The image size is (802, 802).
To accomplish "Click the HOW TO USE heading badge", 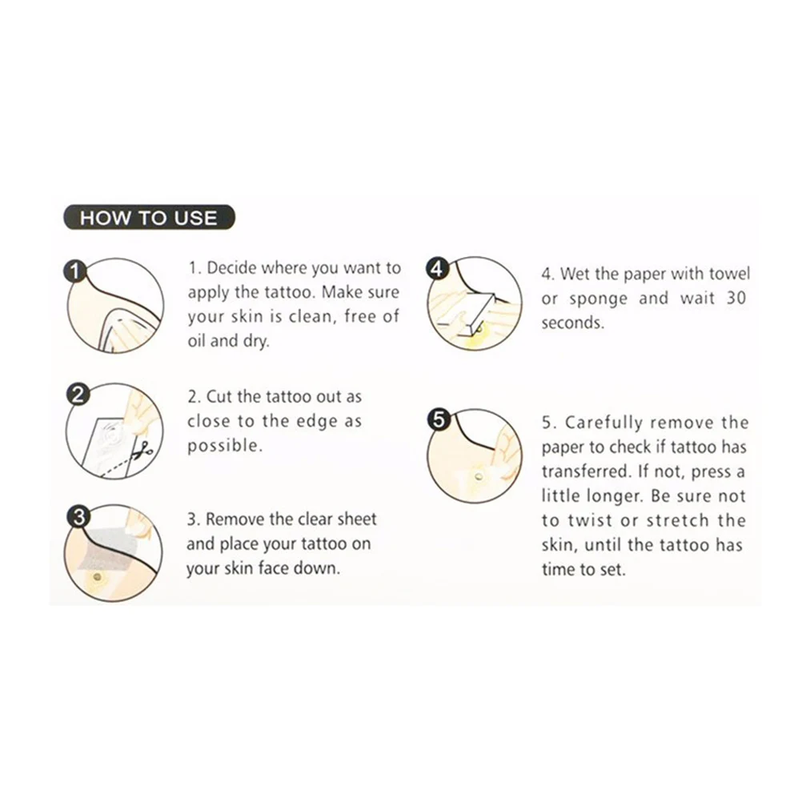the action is click(x=149, y=218).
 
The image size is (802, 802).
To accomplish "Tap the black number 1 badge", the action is click(x=75, y=271).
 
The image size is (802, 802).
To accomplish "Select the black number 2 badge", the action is click(x=78, y=395).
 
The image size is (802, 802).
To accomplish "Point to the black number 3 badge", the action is click(x=78, y=516).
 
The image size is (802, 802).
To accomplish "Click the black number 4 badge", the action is click(x=437, y=268).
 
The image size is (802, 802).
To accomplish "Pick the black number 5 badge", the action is click(x=439, y=419).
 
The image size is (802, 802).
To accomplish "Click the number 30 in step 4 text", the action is click(x=736, y=298).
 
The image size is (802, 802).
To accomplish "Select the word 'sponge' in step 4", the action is click(x=598, y=299).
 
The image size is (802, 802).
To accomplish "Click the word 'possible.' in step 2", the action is click(x=225, y=447).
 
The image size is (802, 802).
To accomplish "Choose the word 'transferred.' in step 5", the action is click(x=586, y=471).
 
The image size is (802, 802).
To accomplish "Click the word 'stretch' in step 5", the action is click(x=677, y=520).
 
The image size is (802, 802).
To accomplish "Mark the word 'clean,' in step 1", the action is click(x=311, y=317).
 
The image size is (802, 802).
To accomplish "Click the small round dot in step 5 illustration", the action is click(x=479, y=477).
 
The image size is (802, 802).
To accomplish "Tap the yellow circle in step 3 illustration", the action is click(x=97, y=578).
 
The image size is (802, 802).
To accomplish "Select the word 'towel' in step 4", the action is click(x=729, y=274).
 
